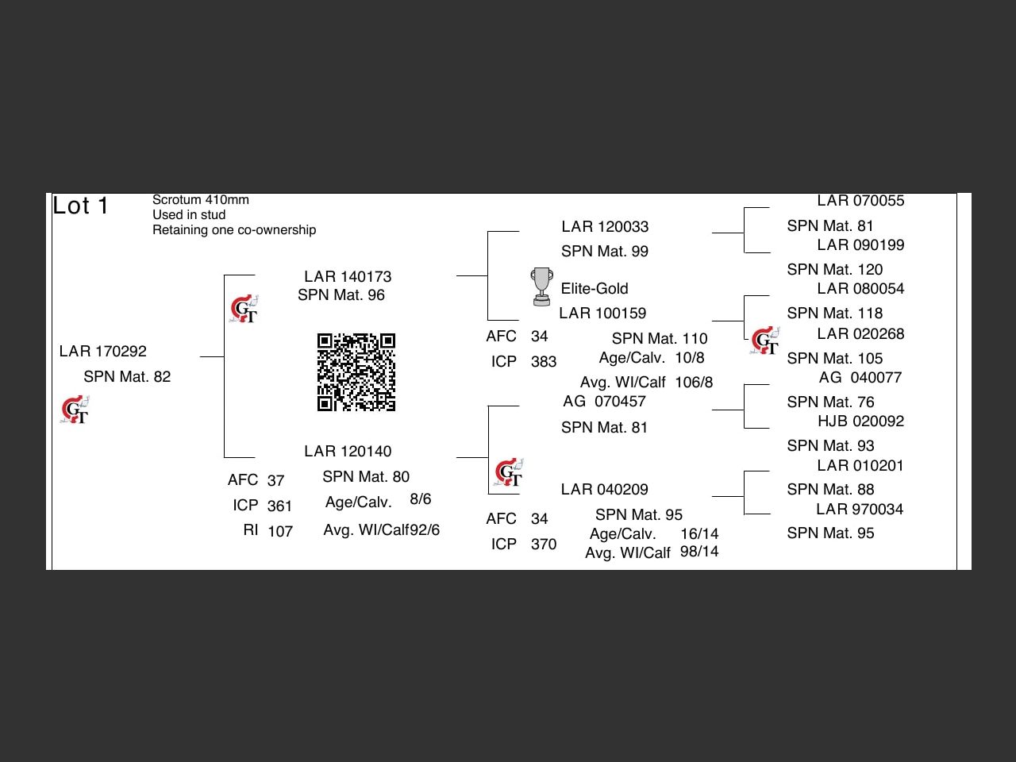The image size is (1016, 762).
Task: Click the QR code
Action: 356,372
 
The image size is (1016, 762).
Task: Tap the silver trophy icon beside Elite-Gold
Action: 541,287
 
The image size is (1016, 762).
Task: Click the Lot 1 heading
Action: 80,206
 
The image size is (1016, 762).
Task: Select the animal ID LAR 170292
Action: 103,351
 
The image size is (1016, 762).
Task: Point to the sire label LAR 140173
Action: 348,276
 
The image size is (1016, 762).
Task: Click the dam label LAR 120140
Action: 348,451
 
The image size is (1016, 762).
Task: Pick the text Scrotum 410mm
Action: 201,200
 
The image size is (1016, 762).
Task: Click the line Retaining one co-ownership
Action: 234,230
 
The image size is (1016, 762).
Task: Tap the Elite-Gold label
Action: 595,288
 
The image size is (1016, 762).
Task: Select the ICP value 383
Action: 544,362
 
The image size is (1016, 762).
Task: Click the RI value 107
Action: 279,531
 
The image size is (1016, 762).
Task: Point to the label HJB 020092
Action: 860,421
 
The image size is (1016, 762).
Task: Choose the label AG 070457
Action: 604,401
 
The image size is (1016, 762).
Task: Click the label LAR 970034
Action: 860,509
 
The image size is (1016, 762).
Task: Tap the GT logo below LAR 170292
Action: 75,410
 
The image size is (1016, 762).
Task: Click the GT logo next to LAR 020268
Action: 765,341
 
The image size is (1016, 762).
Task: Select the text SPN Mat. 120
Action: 834,269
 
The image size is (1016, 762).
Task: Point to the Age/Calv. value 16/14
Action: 698,533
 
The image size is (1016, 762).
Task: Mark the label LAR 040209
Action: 604,489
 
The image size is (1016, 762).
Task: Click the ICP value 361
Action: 279,506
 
